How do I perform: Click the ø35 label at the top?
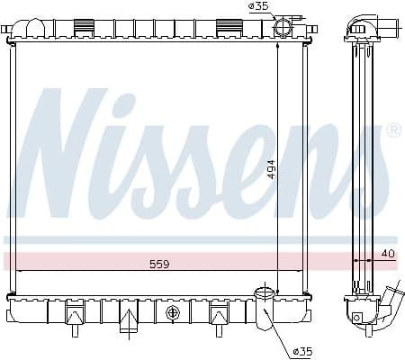(x=258, y=6)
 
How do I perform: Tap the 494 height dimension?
(x=270, y=169)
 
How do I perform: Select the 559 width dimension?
(x=159, y=265)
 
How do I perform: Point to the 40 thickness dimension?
(x=387, y=254)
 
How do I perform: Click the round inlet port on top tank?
(x=282, y=25)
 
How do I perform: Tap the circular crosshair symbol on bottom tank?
(x=172, y=313)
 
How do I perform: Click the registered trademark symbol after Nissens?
(x=393, y=131)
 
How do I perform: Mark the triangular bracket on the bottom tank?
(x=130, y=318)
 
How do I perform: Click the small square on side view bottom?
(x=358, y=317)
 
